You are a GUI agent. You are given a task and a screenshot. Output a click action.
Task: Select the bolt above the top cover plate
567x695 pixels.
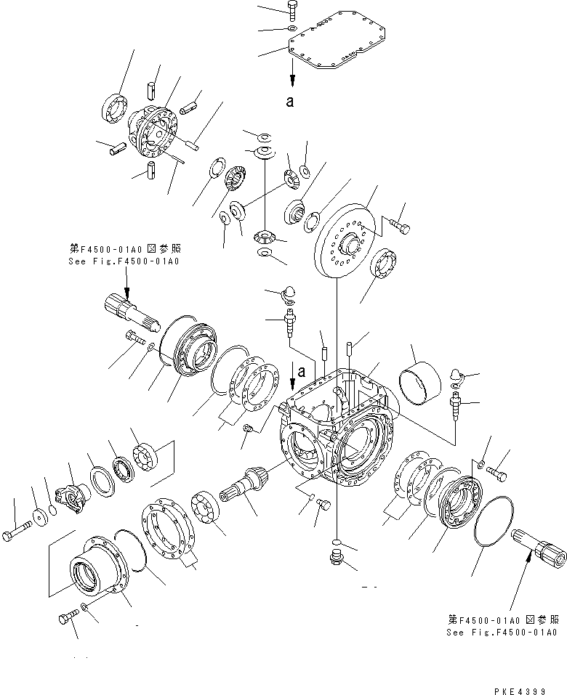292,10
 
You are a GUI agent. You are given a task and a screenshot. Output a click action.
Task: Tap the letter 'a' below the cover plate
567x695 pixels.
290,102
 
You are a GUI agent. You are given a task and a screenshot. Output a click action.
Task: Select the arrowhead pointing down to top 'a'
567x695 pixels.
291,81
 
